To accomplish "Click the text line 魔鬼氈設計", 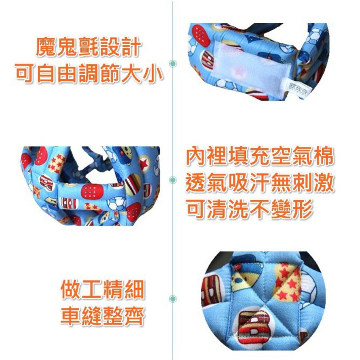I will (x=88, y=48).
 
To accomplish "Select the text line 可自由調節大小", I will (x=88, y=74).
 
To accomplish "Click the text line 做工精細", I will (x=103, y=291).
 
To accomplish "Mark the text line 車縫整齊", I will (x=103, y=317).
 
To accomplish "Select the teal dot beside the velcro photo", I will (x=173, y=63).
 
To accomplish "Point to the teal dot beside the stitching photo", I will (x=173, y=298).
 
